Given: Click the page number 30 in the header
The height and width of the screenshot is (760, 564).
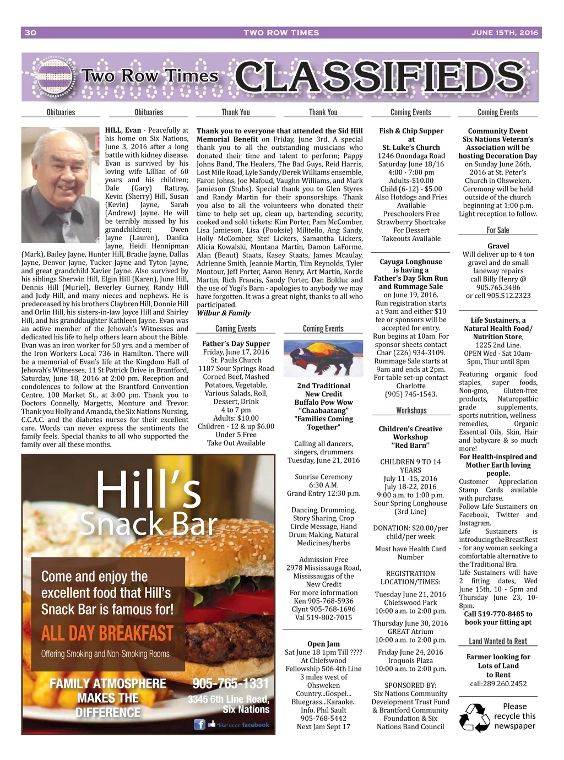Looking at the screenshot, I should (30, 32).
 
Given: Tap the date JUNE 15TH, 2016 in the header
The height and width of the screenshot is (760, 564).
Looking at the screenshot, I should (504, 32).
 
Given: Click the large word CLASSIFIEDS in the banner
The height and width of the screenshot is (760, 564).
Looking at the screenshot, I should (379, 77).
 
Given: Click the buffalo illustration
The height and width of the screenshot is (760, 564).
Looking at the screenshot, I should (323, 358).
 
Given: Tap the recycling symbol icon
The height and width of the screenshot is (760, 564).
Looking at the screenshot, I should (474, 716).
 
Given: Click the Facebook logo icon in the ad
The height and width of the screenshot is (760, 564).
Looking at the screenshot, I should (199, 725).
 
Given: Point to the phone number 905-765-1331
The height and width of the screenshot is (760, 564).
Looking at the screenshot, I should (230, 683).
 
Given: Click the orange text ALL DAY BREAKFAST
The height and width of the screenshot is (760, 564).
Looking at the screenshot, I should (107, 633).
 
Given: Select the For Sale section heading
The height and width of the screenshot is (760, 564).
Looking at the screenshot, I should (498, 230).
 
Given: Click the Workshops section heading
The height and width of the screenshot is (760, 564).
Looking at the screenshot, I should (411, 410).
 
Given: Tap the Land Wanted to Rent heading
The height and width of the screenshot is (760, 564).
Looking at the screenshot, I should (498, 641).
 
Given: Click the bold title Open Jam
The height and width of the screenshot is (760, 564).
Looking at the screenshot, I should (323, 644).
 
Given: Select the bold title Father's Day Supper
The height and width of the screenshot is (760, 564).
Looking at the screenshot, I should (236, 344).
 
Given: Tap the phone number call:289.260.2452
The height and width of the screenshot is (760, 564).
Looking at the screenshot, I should (498, 683).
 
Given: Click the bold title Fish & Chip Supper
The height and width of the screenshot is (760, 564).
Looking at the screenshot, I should (411, 131).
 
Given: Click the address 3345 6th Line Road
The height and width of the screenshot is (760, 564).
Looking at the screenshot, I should (229, 699).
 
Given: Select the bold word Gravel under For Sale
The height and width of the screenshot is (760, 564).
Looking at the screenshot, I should (498, 246).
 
